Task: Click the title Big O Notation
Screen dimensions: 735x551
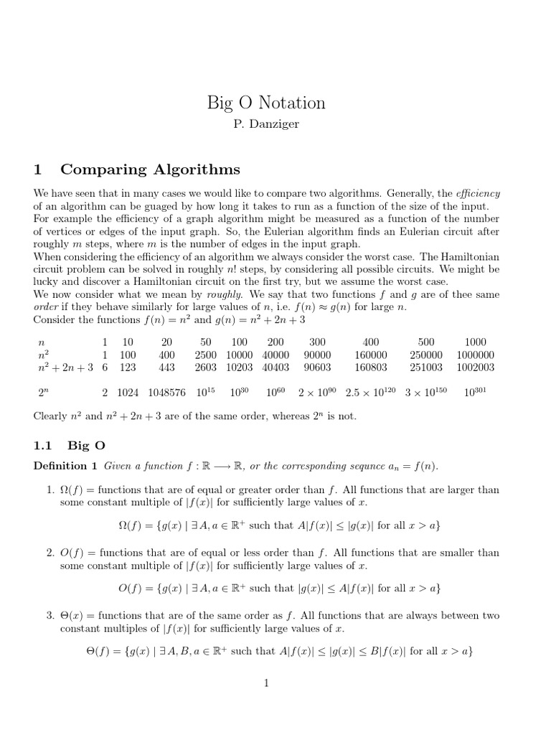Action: coord(266,103)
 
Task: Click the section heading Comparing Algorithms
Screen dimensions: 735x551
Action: coord(150,170)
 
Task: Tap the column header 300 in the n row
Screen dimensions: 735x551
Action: coord(316,342)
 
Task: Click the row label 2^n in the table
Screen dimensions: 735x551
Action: coord(43,393)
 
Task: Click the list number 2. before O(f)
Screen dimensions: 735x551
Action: coord(50,553)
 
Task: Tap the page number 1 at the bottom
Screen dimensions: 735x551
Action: coord(266,683)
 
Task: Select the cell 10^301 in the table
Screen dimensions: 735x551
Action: coord(475,393)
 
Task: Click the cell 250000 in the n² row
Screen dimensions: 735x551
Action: coord(426,355)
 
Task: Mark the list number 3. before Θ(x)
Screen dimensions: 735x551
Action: coord(50,616)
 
